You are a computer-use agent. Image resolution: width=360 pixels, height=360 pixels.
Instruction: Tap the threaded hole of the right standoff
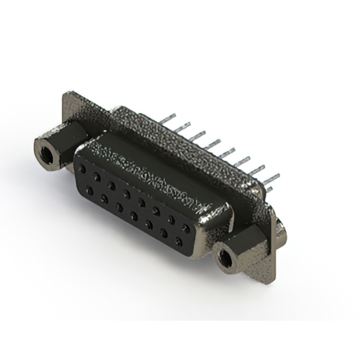coord(226,259)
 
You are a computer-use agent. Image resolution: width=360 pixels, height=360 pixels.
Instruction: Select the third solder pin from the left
coord(197,135)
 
